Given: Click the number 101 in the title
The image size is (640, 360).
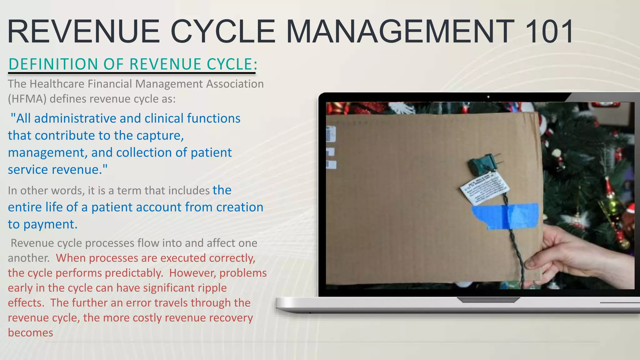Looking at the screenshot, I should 549,31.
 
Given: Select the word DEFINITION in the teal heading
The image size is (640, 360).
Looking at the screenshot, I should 53,64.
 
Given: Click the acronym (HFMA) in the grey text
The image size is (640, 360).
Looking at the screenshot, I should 27,99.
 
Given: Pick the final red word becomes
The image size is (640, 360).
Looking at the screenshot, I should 30,333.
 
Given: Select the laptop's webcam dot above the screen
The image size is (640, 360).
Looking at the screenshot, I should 488,97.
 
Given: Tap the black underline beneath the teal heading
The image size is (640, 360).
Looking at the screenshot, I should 132,73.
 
